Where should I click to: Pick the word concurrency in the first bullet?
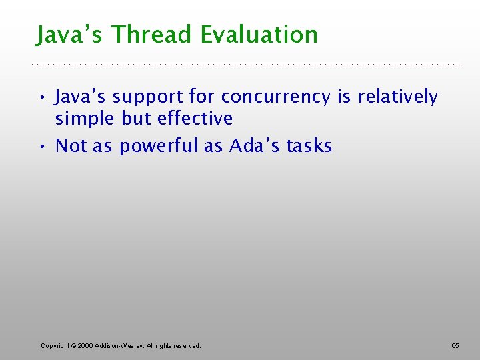[x=275, y=97]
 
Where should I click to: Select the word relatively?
[x=398, y=97]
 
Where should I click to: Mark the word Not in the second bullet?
[x=71, y=146]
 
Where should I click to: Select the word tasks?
[x=309, y=146]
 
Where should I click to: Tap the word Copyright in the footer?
[x=55, y=345]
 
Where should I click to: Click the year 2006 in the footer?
[x=85, y=345]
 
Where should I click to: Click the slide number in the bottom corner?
[x=455, y=345]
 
